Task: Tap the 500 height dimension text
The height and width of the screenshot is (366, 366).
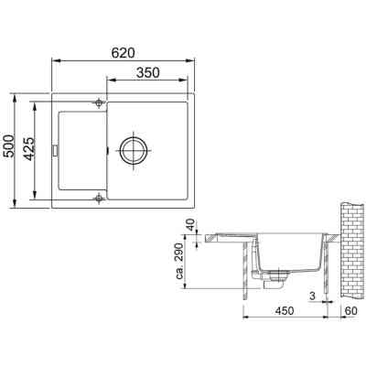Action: click(9, 147)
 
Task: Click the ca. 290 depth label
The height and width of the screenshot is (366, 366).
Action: click(189, 264)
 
